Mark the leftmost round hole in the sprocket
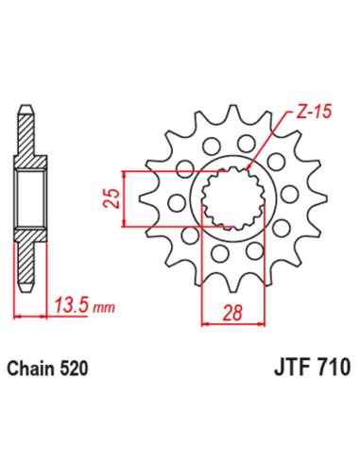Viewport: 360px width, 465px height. pos(175,201)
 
